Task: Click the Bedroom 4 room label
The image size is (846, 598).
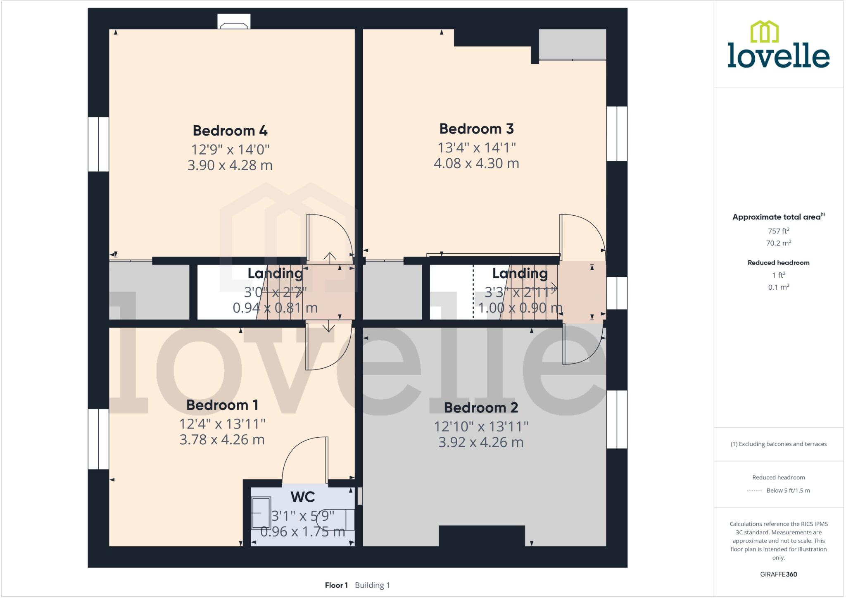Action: coord(230,131)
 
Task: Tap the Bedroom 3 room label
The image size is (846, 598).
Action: coord(476,129)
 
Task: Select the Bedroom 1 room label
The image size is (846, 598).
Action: coord(222,405)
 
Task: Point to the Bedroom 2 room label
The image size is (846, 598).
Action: coord(481,407)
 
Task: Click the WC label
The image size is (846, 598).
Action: coord(303,497)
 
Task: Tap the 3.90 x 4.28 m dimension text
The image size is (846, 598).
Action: coord(230,165)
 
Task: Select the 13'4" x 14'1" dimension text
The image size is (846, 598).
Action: coord(476,147)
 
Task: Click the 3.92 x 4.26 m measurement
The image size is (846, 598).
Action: coord(481,442)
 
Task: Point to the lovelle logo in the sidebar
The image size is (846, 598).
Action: coord(778,45)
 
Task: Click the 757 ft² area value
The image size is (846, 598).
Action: coord(778,231)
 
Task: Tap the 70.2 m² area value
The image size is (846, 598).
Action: coord(778,243)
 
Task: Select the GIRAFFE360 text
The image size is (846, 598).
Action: coord(778,574)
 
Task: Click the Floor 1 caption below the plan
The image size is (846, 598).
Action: coord(336,585)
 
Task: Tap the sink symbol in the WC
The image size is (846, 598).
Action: coord(261,512)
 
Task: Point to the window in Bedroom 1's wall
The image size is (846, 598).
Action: coord(98,439)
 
